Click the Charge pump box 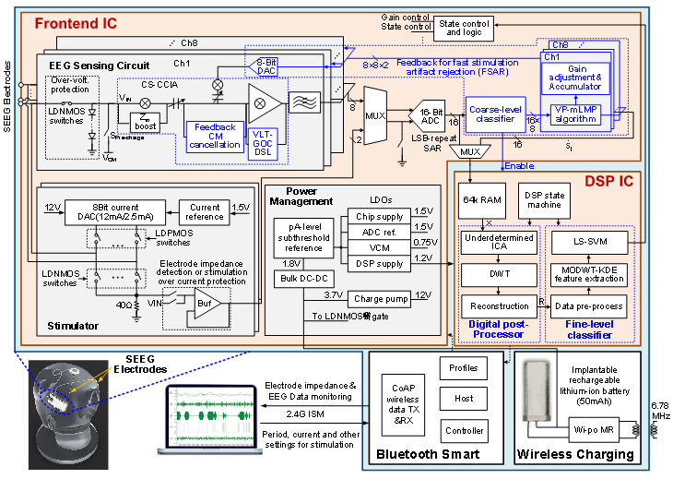pos(378,299)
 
